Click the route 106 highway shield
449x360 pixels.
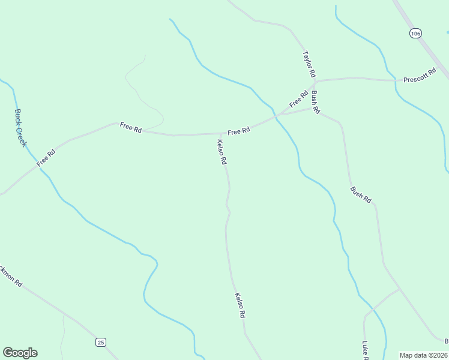click(x=415, y=33)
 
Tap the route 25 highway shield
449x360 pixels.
click(x=100, y=342)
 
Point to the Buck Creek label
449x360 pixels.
click(x=21, y=128)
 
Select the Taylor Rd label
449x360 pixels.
click(x=309, y=64)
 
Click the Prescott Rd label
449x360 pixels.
click(x=419, y=79)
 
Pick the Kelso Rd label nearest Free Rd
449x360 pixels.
click(x=221, y=152)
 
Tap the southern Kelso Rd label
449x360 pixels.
click(x=240, y=305)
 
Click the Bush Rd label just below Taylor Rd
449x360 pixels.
click(x=316, y=103)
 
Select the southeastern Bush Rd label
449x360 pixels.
click(x=361, y=194)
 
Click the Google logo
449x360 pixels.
click(x=20, y=353)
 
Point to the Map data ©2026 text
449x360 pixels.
click(x=424, y=355)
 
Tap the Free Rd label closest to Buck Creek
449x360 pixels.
click(x=46, y=158)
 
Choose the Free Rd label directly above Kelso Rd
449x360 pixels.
click(x=238, y=131)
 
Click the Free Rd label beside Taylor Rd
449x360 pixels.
click(x=298, y=99)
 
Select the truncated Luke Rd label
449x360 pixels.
click(x=365, y=350)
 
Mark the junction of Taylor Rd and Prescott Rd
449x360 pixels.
click(x=316, y=81)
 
